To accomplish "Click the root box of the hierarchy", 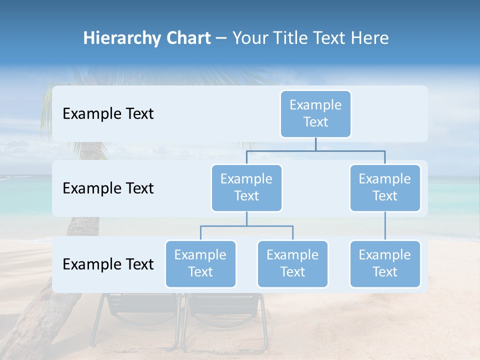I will tap(315, 113).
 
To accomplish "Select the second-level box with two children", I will tap(246, 187).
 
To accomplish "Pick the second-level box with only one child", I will tap(385, 187).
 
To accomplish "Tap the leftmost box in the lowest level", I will tap(200, 263).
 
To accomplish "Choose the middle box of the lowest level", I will tap(292, 263).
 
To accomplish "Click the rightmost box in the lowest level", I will tap(385, 263).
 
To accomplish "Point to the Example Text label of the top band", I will tap(108, 114).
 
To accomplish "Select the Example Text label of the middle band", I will tap(108, 188).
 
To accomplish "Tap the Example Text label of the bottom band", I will tap(108, 264).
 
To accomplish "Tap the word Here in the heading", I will tap(369, 38).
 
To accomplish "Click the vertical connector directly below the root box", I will tap(315, 144).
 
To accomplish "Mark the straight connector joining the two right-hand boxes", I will tap(385, 225).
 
